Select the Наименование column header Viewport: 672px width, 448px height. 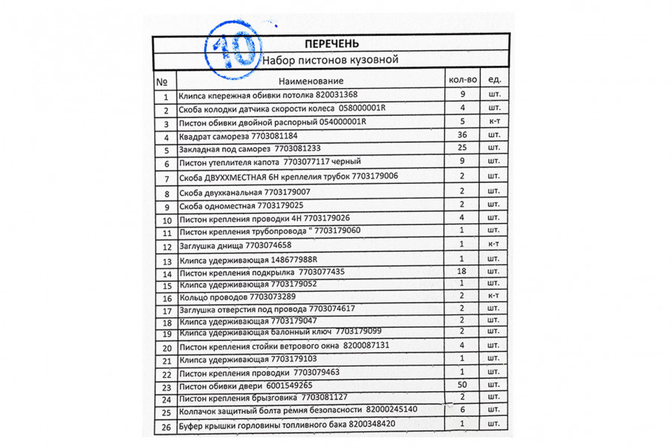click(x=311, y=81)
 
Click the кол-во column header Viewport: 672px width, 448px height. click(x=462, y=79)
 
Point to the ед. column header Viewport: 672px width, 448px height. click(x=494, y=79)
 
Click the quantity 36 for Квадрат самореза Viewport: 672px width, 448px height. click(x=462, y=134)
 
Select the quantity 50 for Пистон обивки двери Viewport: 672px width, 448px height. click(x=462, y=384)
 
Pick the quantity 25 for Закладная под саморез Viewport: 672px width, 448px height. click(x=462, y=147)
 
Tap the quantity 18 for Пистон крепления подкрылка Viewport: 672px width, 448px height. click(x=462, y=271)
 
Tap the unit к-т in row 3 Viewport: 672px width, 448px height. click(x=494, y=121)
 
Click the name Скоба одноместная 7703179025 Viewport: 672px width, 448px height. click(x=241, y=205)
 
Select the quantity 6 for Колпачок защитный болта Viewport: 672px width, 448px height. click(x=462, y=410)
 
